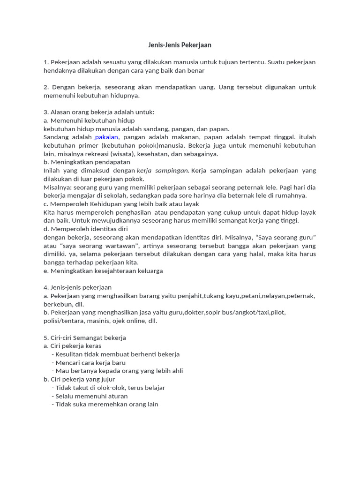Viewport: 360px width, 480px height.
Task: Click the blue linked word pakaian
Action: click(106, 137)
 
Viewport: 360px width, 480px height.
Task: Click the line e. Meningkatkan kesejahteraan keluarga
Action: click(103, 271)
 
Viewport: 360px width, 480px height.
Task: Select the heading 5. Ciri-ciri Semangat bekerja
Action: click(85, 337)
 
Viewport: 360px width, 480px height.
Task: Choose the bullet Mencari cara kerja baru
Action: click(90, 362)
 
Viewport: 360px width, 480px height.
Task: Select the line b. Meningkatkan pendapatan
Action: click(87, 162)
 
